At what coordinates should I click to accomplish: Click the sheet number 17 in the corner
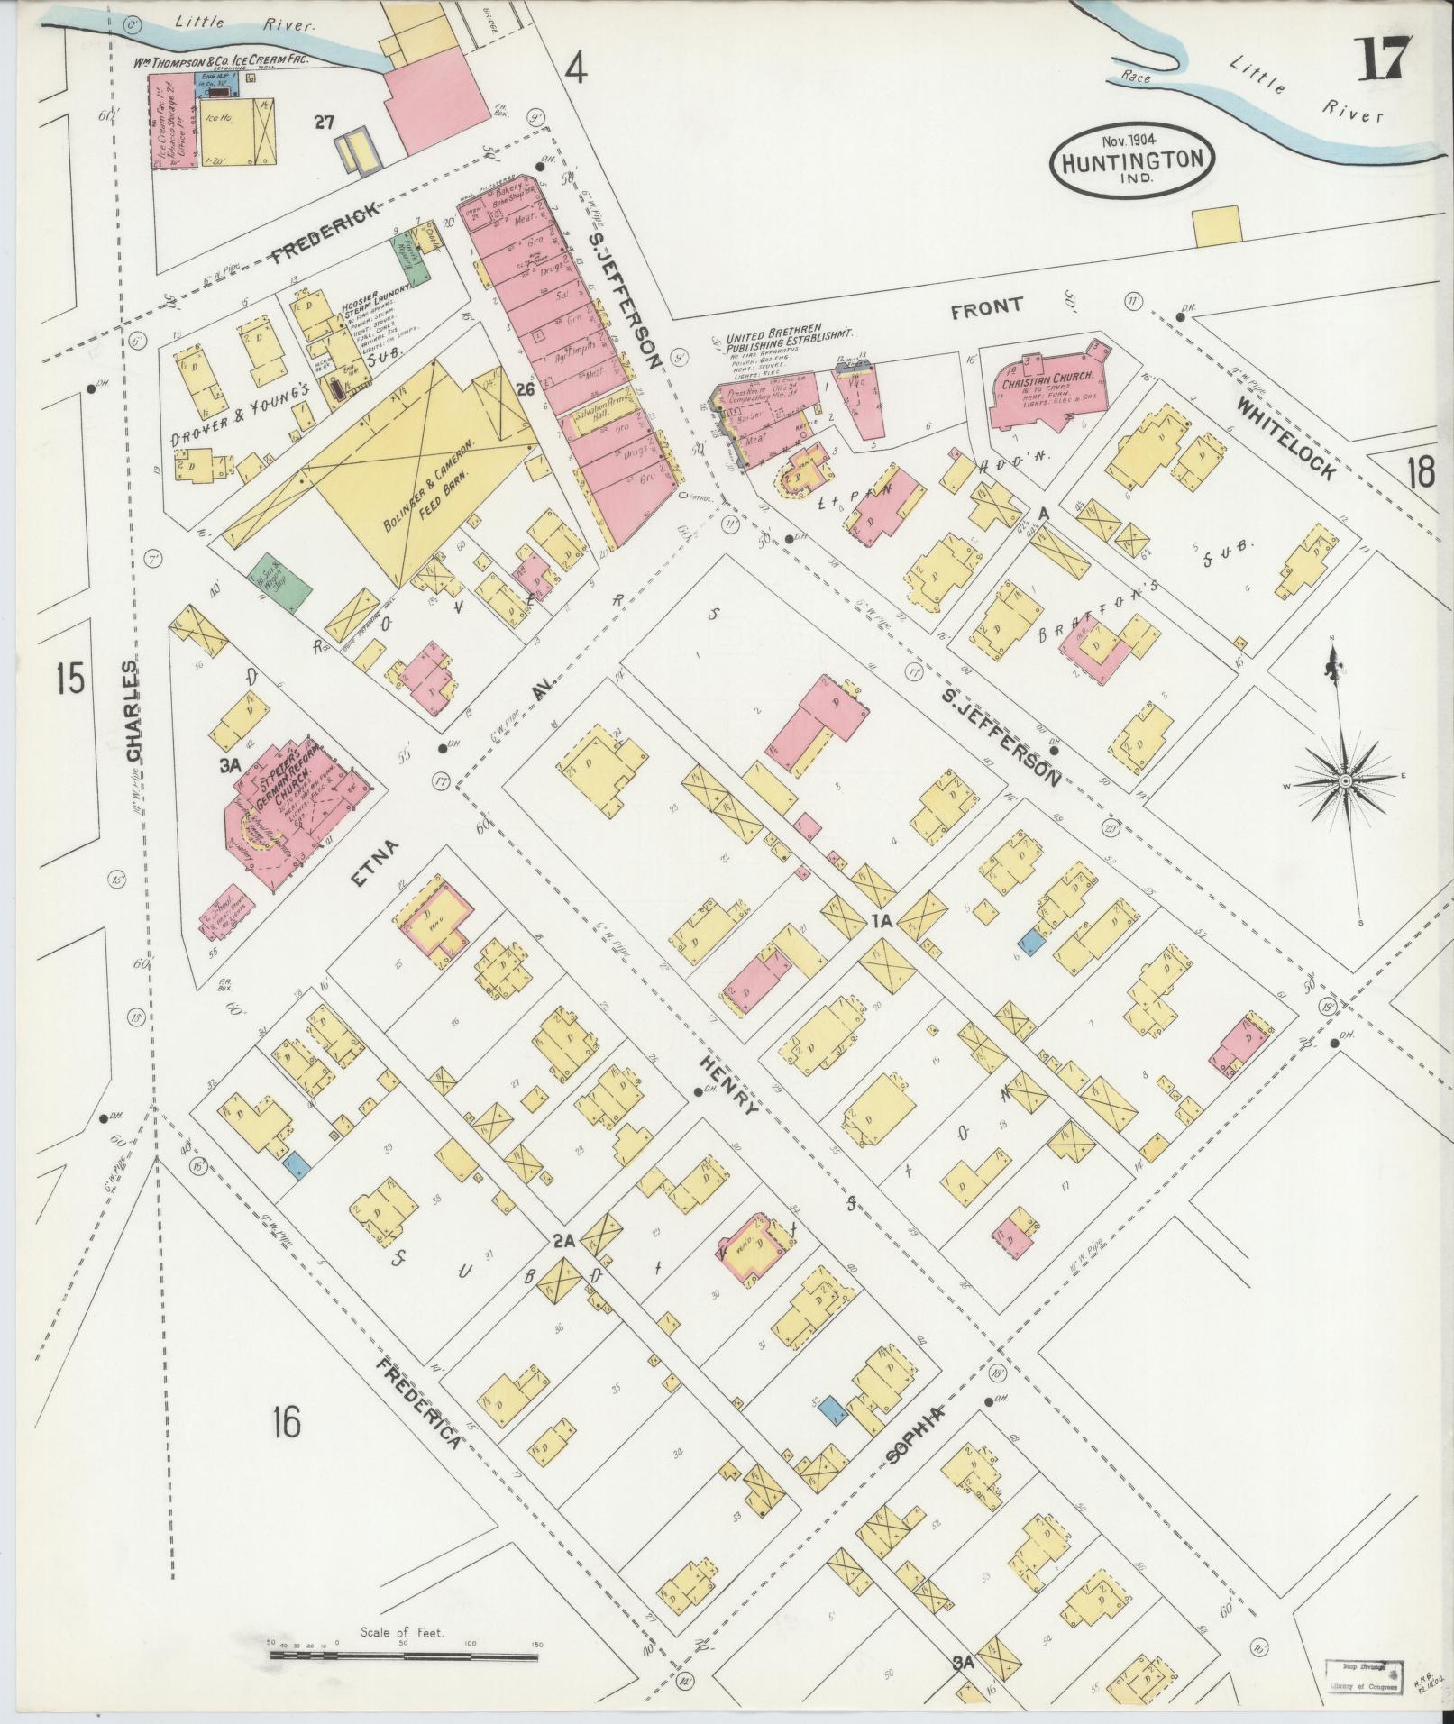[1385, 60]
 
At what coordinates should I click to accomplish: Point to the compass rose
[1344, 780]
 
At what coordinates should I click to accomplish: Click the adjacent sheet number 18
[1420, 471]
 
